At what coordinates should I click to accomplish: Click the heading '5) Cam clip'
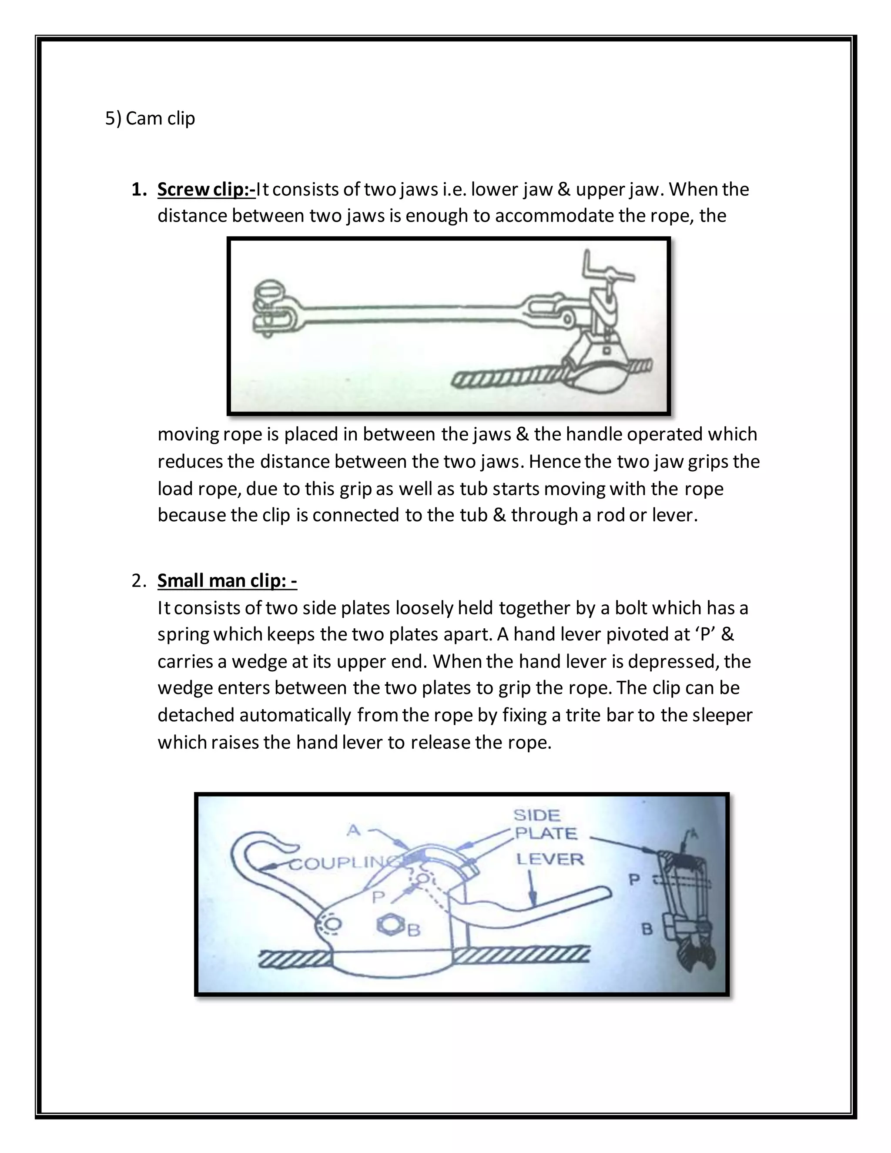pos(150,118)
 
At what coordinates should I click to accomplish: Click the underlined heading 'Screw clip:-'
pos(206,190)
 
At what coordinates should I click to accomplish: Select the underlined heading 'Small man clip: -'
pos(227,581)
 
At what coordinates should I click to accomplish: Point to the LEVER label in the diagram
pos(550,859)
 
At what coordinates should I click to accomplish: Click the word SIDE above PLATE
pos(537,816)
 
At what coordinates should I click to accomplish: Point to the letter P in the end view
pos(634,879)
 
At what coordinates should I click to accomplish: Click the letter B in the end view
pos(647,929)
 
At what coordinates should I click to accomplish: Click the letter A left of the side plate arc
pos(353,831)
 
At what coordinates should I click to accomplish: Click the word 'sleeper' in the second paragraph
pos(722,715)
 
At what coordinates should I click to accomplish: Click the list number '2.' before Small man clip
pos(139,581)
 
